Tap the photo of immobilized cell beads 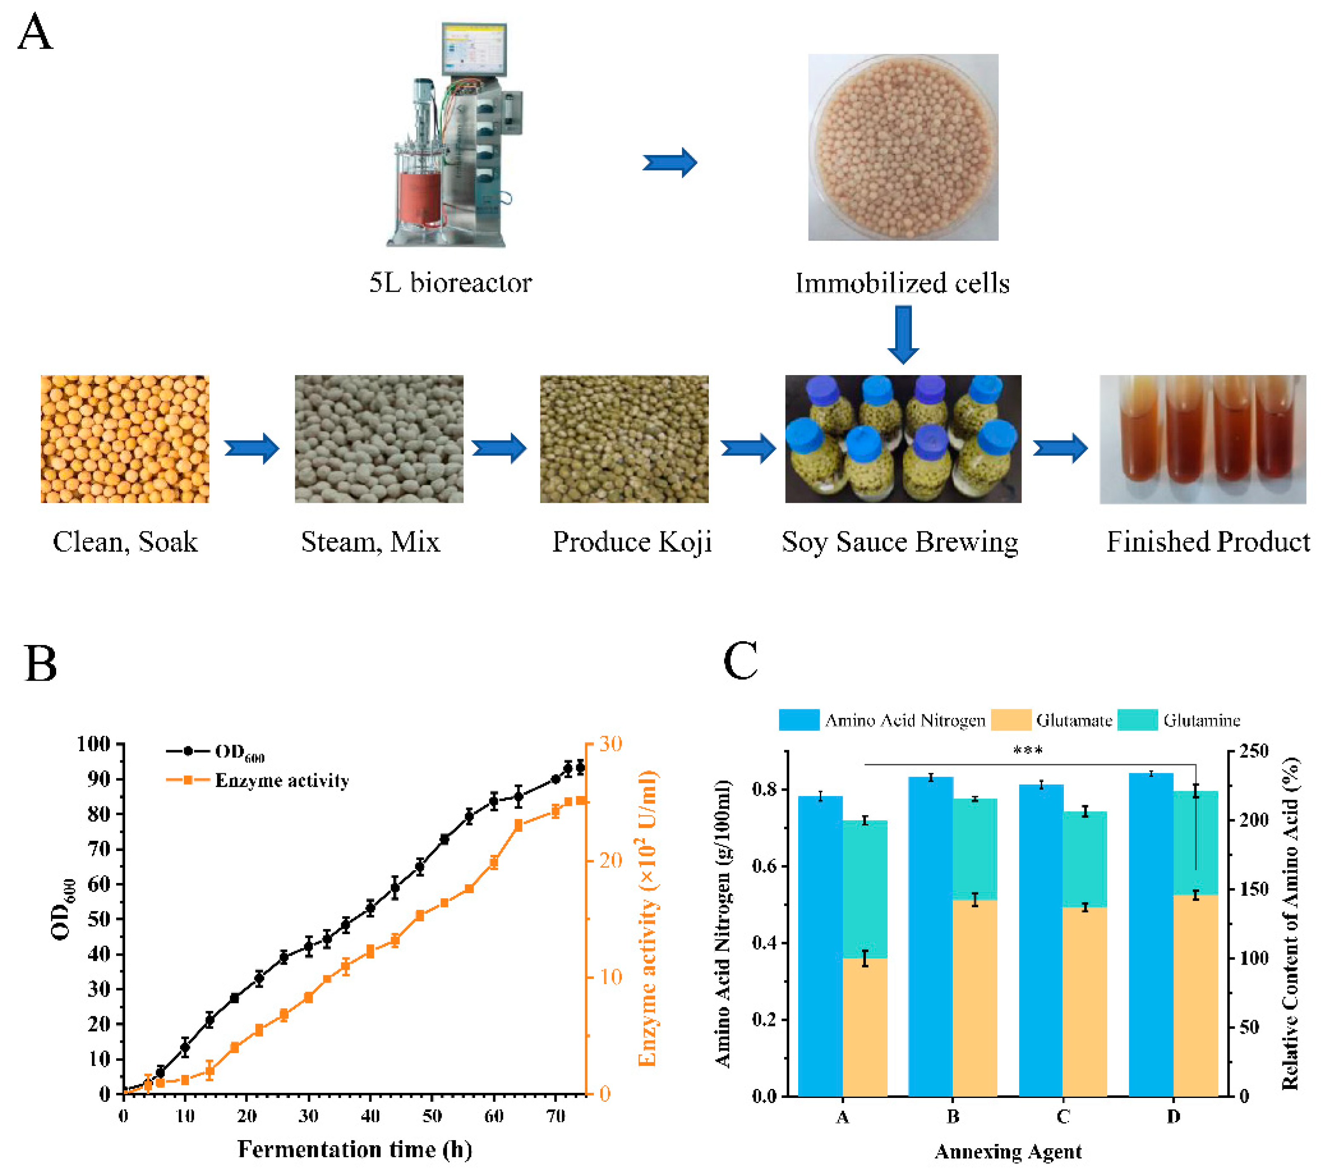[902, 147]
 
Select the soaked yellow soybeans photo [125, 439]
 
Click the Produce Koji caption [631, 542]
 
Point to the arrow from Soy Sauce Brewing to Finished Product [1060, 448]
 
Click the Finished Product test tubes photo [1202, 439]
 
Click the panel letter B [40, 664]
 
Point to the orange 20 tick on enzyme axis [609, 860]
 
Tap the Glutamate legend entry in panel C [1051, 720]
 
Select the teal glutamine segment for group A [864, 889]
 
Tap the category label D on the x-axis [1174, 1117]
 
